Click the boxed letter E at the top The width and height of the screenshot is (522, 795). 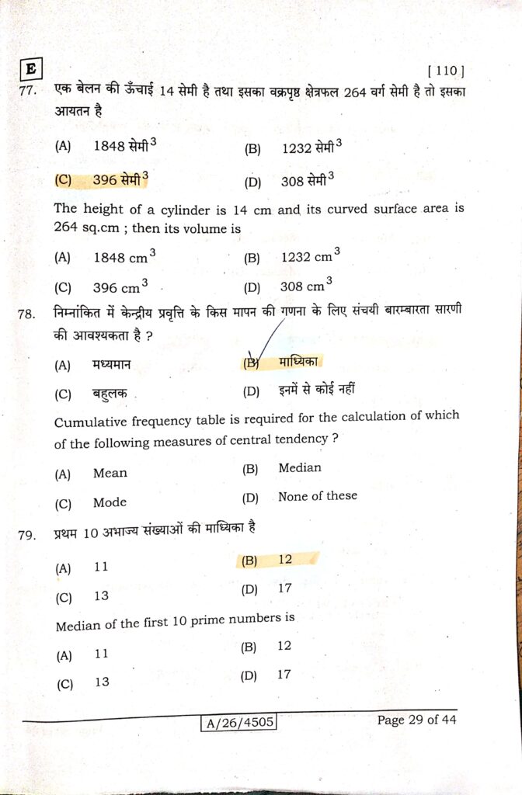point(31,69)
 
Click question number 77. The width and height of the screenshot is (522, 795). point(30,92)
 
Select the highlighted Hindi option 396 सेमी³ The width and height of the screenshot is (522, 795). point(120,180)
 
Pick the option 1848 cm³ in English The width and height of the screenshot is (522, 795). point(124,256)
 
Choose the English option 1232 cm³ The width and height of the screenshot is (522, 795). point(311,255)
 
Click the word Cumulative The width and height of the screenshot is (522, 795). point(90,422)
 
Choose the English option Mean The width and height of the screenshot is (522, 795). point(110,473)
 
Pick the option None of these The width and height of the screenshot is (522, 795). point(318,496)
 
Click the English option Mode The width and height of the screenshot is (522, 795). point(110,502)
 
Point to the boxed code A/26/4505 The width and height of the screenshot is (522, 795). point(238,724)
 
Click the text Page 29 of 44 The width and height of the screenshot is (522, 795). point(416,720)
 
